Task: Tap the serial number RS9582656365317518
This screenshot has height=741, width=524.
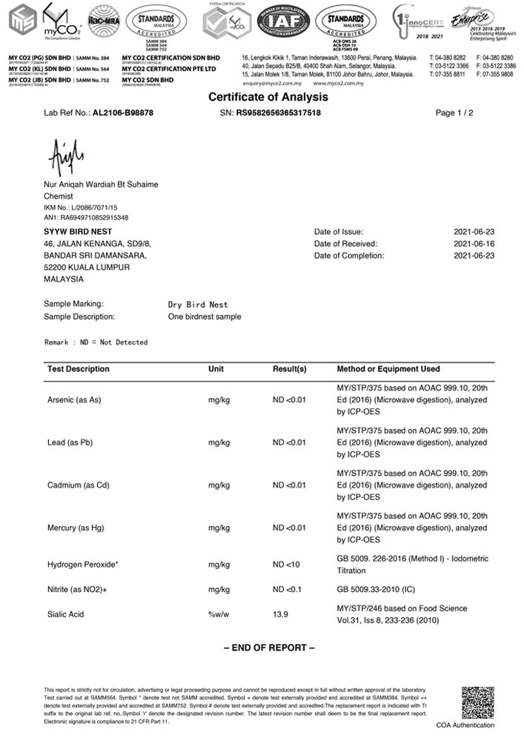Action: pyautogui.click(x=278, y=113)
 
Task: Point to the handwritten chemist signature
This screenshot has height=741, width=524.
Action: pyautogui.click(x=67, y=155)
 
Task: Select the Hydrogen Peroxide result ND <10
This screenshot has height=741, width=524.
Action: pyautogui.click(x=287, y=565)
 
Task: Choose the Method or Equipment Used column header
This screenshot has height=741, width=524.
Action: pyautogui.click(x=388, y=369)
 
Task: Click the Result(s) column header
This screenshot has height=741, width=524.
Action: pyautogui.click(x=290, y=369)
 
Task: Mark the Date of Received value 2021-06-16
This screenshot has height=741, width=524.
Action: pyautogui.click(x=474, y=244)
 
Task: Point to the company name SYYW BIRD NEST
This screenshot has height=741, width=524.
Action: pyautogui.click(x=76, y=232)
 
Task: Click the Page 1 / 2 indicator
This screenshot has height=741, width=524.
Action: pyautogui.click(x=454, y=113)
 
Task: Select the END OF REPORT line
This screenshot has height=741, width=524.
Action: pyautogui.click(x=269, y=648)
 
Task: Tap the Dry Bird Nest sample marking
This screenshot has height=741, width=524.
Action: pyautogui.click(x=198, y=305)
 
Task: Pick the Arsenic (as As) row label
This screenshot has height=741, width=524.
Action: pyautogui.click(x=74, y=400)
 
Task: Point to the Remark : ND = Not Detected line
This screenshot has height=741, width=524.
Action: pyautogui.click(x=96, y=342)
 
